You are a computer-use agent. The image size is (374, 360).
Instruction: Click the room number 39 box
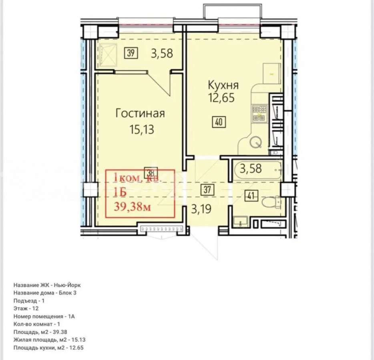(x=131, y=53)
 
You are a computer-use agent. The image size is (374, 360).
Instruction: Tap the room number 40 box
(x=219, y=122)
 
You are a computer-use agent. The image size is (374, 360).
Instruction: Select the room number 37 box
(x=207, y=190)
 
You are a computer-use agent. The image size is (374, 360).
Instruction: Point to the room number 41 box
(x=251, y=196)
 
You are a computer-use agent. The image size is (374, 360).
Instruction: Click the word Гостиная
(x=140, y=114)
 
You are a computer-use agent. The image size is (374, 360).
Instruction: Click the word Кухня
(x=223, y=85)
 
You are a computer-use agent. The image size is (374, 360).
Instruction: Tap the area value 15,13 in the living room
(x=142, y=130)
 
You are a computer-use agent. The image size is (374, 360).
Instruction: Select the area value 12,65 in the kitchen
(x=221, y=98)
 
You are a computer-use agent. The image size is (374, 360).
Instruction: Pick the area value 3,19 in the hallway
(x=201, y=210)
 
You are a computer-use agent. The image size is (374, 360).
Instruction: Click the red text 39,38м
(x=133, y=206)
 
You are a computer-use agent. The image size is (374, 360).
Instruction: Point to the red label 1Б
(x=120, y=192)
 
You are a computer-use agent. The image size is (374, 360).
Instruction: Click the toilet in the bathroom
(x=271, y=202)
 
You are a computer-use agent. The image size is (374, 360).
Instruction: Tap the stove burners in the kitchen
(x=260, y=114)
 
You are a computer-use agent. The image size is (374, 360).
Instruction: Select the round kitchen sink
(x=256, y=142)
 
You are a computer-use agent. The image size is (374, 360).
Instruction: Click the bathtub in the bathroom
(x=258, y=170)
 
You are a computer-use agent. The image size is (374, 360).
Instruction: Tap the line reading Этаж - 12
(x=26, y=308)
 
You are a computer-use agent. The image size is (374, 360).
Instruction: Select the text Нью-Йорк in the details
(x=67, y=285)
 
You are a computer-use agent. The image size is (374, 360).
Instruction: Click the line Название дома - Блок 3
(x=45, y=293)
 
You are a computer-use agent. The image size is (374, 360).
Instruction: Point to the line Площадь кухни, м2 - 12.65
(x=48, y=348)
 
